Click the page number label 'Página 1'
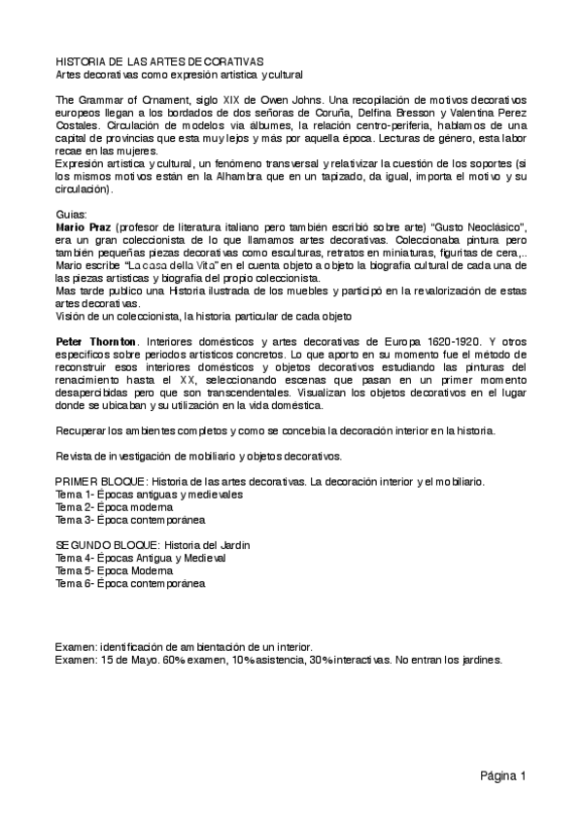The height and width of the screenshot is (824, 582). click(501, 775)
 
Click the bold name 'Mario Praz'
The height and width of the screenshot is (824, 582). click(84, 224)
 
